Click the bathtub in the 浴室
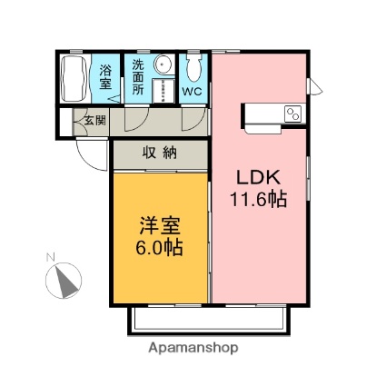coord(74,78)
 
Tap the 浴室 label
coord(105,77)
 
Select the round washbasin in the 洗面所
coord(163,64)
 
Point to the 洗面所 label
coord(138,77)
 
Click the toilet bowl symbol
coord(193,68)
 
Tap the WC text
coord(192,92)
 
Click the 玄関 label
coord(95,121)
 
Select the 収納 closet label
coord(160,153)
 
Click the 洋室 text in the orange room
coord(160,225)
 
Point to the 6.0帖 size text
coord(159,248)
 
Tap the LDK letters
coord(258,177)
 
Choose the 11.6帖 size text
coord(258,199)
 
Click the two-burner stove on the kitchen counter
coord(292,114)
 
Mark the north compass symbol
coord(64,281)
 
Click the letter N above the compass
coord(50,257)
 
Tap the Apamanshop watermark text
coord(193,348)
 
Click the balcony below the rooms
coord(209,321)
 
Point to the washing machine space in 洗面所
coord(163,91)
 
